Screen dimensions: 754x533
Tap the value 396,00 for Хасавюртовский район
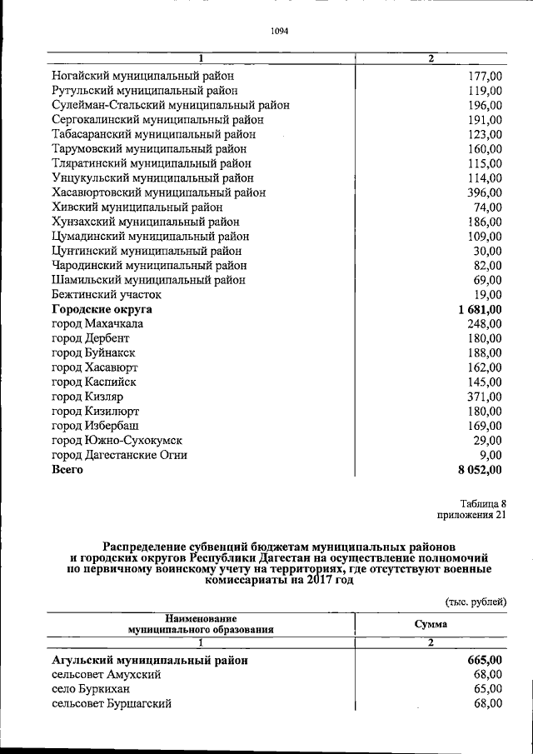484,192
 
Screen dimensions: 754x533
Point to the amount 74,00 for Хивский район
487,207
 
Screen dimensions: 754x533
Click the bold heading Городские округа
102,309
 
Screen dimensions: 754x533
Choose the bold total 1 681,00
480,309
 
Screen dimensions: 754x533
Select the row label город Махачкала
97,323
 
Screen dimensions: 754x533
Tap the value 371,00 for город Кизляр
484,397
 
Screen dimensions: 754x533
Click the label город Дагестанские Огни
119,455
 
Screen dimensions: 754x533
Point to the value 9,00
491,455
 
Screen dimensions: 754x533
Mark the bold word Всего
67,470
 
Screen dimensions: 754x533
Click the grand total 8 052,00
480,470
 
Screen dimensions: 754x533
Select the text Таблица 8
483,502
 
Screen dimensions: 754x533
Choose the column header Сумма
431,624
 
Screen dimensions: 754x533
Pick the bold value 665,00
485,660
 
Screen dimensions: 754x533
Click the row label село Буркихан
91,689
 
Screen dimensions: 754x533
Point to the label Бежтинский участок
107,294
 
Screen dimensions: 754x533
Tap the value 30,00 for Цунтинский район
487,251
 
